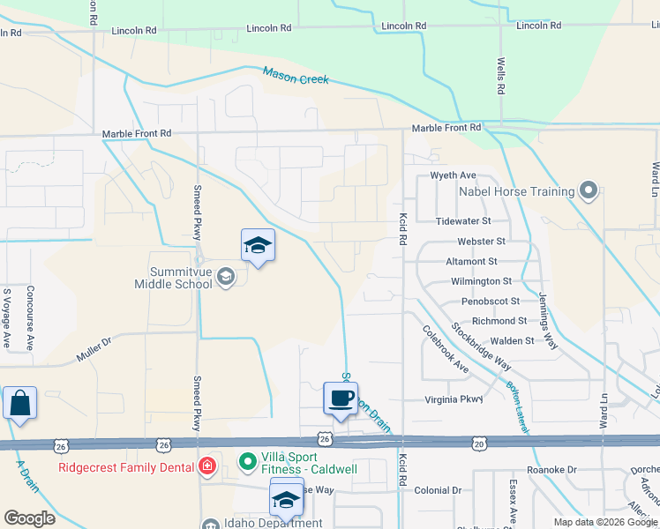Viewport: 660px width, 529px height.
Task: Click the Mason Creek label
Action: point(296,77)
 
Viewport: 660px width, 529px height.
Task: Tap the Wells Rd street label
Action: point(500,77)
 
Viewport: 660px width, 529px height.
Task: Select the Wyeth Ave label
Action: point(453,175)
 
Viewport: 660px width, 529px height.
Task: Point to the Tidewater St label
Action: point(462,220)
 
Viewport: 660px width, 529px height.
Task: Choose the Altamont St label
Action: point(471,261)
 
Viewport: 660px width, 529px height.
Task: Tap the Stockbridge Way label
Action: point(481,345)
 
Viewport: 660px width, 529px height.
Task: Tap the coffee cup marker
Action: point(341,399)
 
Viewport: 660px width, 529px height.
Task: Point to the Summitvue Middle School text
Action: point(173,277)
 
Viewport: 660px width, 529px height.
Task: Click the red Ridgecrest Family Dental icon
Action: point(206,466)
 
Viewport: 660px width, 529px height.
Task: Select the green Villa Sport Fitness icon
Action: point(250,460)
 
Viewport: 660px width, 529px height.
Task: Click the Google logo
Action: point(30,518)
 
